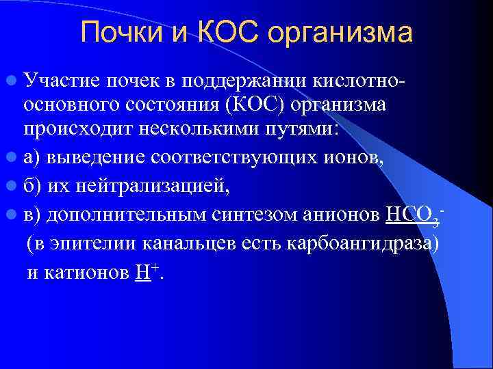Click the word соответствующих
223,159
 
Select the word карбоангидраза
370,244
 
